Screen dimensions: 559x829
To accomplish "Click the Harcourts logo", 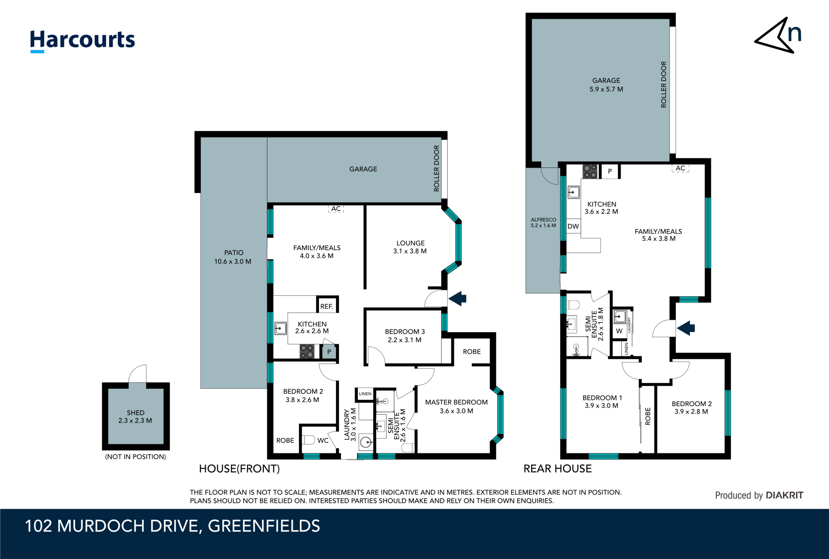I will tap(82, 41).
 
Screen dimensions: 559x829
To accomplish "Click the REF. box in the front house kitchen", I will tap(327, 306).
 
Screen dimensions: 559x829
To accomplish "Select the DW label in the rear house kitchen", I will tap(573, 226).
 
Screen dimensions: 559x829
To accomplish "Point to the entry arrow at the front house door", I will tap(457, 299).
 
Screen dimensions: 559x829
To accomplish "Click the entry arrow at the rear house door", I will tap(686, 328).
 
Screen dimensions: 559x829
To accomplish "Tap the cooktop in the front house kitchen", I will tap(307, 351).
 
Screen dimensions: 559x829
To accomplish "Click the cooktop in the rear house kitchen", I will tap(590, 171).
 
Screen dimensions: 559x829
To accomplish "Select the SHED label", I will tap(135, 413).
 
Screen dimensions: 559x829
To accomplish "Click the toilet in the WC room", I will tap(308, 440).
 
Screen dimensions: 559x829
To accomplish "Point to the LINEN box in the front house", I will tap(365, 394).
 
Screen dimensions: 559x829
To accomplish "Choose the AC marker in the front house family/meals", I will tap(336, 209).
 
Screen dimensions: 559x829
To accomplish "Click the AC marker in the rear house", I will tap(680, 168).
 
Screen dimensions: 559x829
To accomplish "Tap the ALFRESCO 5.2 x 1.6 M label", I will tap(543, 222).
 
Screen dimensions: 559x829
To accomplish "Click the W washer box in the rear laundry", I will tap(619, 331).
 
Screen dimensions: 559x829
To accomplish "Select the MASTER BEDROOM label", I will tap(456, 402).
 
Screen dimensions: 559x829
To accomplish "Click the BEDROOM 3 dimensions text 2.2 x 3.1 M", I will tap(404, 340).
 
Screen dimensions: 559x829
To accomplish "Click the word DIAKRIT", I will tap(784, 495).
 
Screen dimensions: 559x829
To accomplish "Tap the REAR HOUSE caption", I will tap(557, 469).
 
